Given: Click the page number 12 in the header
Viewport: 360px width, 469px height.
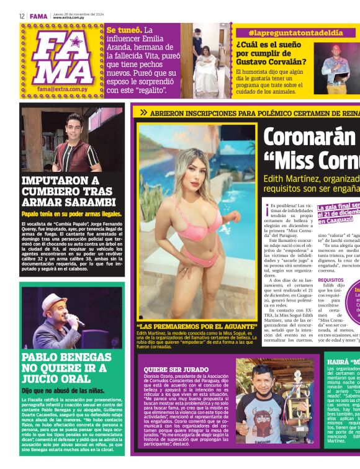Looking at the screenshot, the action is click(x=21, y=16).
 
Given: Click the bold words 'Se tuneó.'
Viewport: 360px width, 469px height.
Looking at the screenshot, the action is click(x=124, y=30).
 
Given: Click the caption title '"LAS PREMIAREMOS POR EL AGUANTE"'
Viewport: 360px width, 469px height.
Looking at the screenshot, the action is click(x=197, y=326).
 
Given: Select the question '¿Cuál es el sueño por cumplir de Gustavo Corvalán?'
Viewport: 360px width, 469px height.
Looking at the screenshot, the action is click(x=271, y=53).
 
